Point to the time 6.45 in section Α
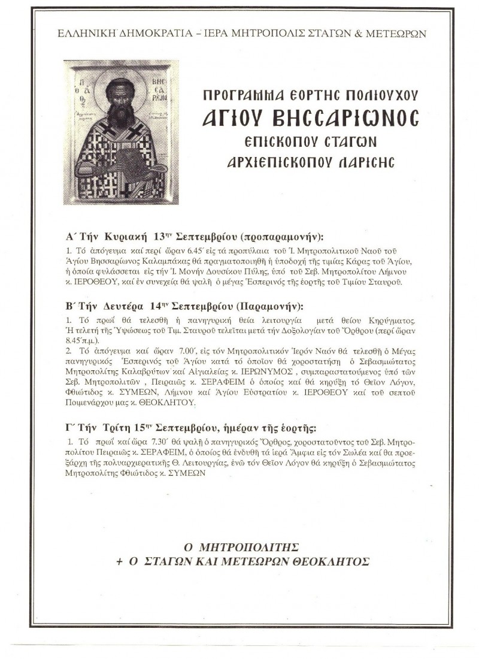158,250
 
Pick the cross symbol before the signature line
119,562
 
